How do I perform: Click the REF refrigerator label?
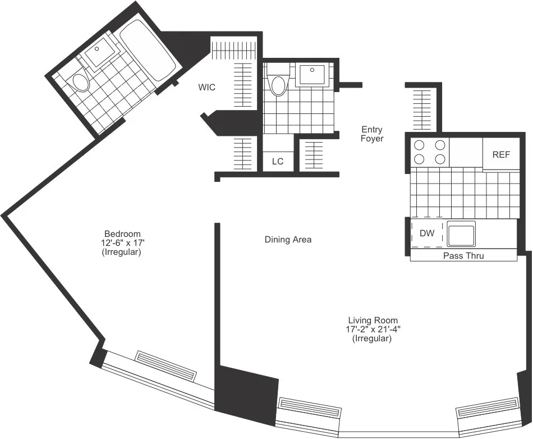coord(501,154)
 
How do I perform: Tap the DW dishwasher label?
coord(427,233)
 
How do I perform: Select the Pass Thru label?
coord(463,256)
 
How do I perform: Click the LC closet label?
coord(278,161)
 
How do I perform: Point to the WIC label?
coord(206,88)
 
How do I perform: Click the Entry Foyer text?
coord(372,134)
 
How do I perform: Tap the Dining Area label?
coord(288,240)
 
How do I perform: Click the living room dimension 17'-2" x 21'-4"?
coord(372,330)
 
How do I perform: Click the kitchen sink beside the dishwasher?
coord(461,233)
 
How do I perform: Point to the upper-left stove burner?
coord(418,145)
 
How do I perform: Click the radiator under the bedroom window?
coord(167,366)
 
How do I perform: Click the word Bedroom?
coord(122,234)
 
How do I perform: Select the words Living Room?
coord(372,320)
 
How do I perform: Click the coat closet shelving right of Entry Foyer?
coord(424,109)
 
